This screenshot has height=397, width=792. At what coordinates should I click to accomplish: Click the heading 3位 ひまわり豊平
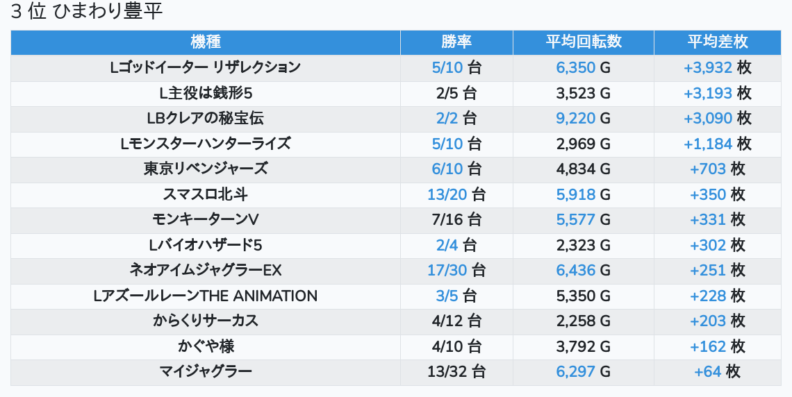tap(87, 12)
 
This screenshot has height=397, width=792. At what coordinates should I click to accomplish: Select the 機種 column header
tap(206, 42)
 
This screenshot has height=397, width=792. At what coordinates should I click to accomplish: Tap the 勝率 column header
tap(456, 42)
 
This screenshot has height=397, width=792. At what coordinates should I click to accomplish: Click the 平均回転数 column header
tap(584, 42)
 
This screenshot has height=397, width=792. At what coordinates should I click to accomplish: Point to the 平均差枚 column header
tap(718, 42)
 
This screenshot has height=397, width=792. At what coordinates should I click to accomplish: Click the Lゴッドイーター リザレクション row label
tap(206, 67)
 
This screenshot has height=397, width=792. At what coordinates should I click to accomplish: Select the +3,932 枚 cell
tap(718, 67)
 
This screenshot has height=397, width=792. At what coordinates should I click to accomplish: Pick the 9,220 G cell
tap(584, 118)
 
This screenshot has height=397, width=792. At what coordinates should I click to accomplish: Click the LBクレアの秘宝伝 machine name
tap(206, 118)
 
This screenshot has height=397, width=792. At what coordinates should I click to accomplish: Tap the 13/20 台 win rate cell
tap(456, 194)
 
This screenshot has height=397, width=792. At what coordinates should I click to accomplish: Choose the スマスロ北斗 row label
tap(206, 194)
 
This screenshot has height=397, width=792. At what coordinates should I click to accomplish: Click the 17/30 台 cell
tap(456, 270)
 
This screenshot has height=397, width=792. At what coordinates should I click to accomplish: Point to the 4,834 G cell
tap(584, 169)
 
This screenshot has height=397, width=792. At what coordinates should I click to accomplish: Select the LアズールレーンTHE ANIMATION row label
tap(206, 296)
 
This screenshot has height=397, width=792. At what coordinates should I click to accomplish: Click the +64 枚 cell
tap(718, 371)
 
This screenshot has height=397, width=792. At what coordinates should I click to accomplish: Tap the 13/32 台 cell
tap(456, 371)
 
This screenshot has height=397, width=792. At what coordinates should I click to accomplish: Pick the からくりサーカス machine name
tap(206, 321)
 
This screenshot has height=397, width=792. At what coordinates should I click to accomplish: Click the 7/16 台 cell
tap(456, 219)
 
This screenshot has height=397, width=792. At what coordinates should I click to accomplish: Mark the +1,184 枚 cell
tap(718, 144)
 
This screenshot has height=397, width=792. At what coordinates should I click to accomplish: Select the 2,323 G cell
tap(584, 245)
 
